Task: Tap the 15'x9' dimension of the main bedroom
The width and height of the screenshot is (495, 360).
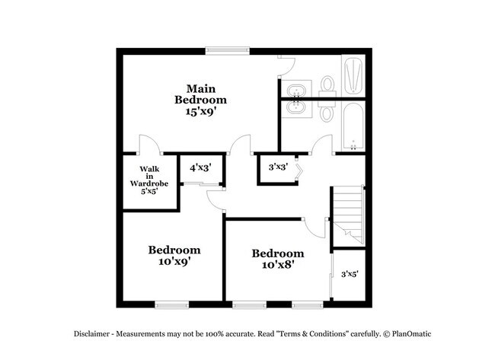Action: pos(200,111)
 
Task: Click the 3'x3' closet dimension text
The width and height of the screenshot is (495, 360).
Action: pos(277,167)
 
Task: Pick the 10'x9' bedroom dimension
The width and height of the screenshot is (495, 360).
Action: pos(174,261)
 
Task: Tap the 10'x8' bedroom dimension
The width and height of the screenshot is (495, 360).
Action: pos(278,265)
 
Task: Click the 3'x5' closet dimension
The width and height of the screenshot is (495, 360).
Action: pos(350,273)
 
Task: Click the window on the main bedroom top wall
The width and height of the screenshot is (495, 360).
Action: pos(227,51)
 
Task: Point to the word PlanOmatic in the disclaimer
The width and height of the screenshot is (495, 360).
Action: pos(411,334)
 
